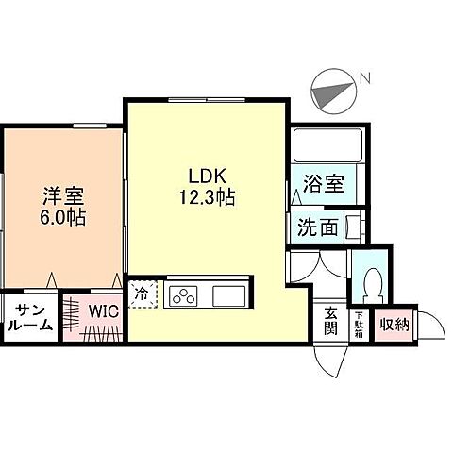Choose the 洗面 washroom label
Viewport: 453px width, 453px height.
317,227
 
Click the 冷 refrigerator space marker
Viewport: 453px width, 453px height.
142,294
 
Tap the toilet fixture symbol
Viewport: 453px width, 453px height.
372,281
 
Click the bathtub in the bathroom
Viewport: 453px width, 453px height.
326,146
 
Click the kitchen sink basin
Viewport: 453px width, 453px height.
229,296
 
